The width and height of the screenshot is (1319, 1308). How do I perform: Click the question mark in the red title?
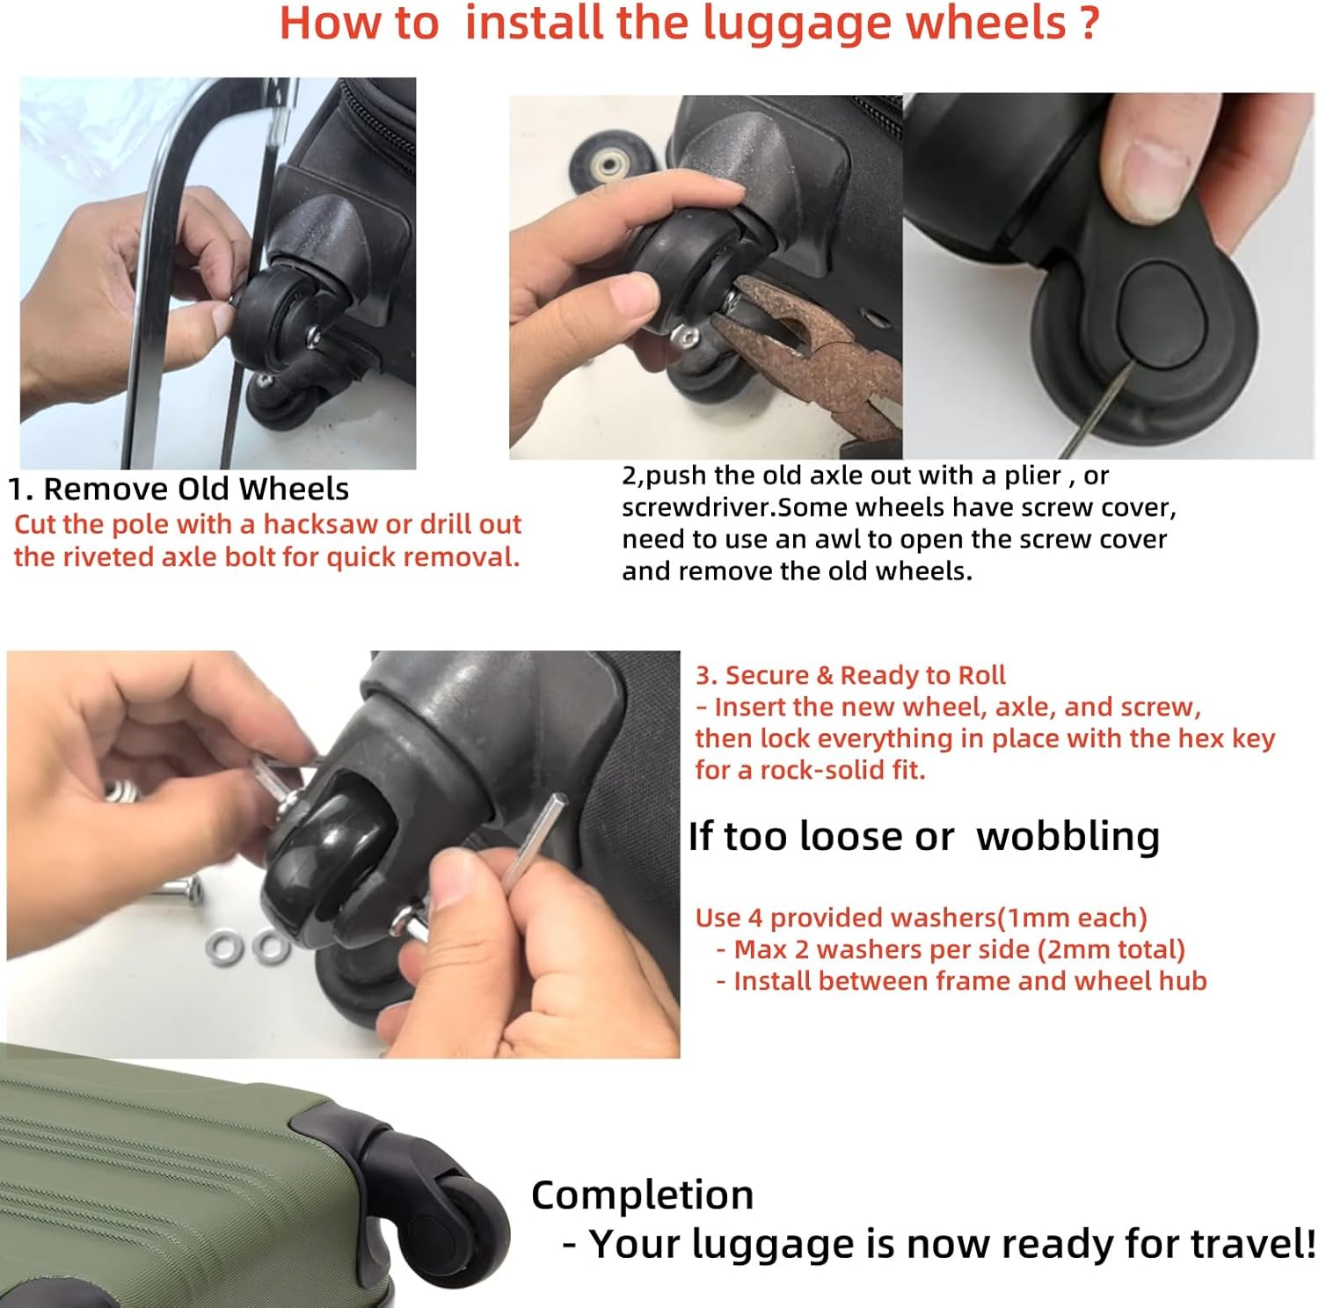point(1089,24)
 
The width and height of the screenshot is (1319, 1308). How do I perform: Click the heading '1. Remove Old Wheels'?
point(179,489)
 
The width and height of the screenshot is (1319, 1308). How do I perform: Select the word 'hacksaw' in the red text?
point(323,524)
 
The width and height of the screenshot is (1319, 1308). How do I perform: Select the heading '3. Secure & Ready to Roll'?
point(850,675)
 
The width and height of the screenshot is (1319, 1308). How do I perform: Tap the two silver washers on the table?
point(247,947)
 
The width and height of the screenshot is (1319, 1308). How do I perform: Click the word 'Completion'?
point(642,1195)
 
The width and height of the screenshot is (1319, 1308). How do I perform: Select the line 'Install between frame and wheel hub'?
point(970,981)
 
